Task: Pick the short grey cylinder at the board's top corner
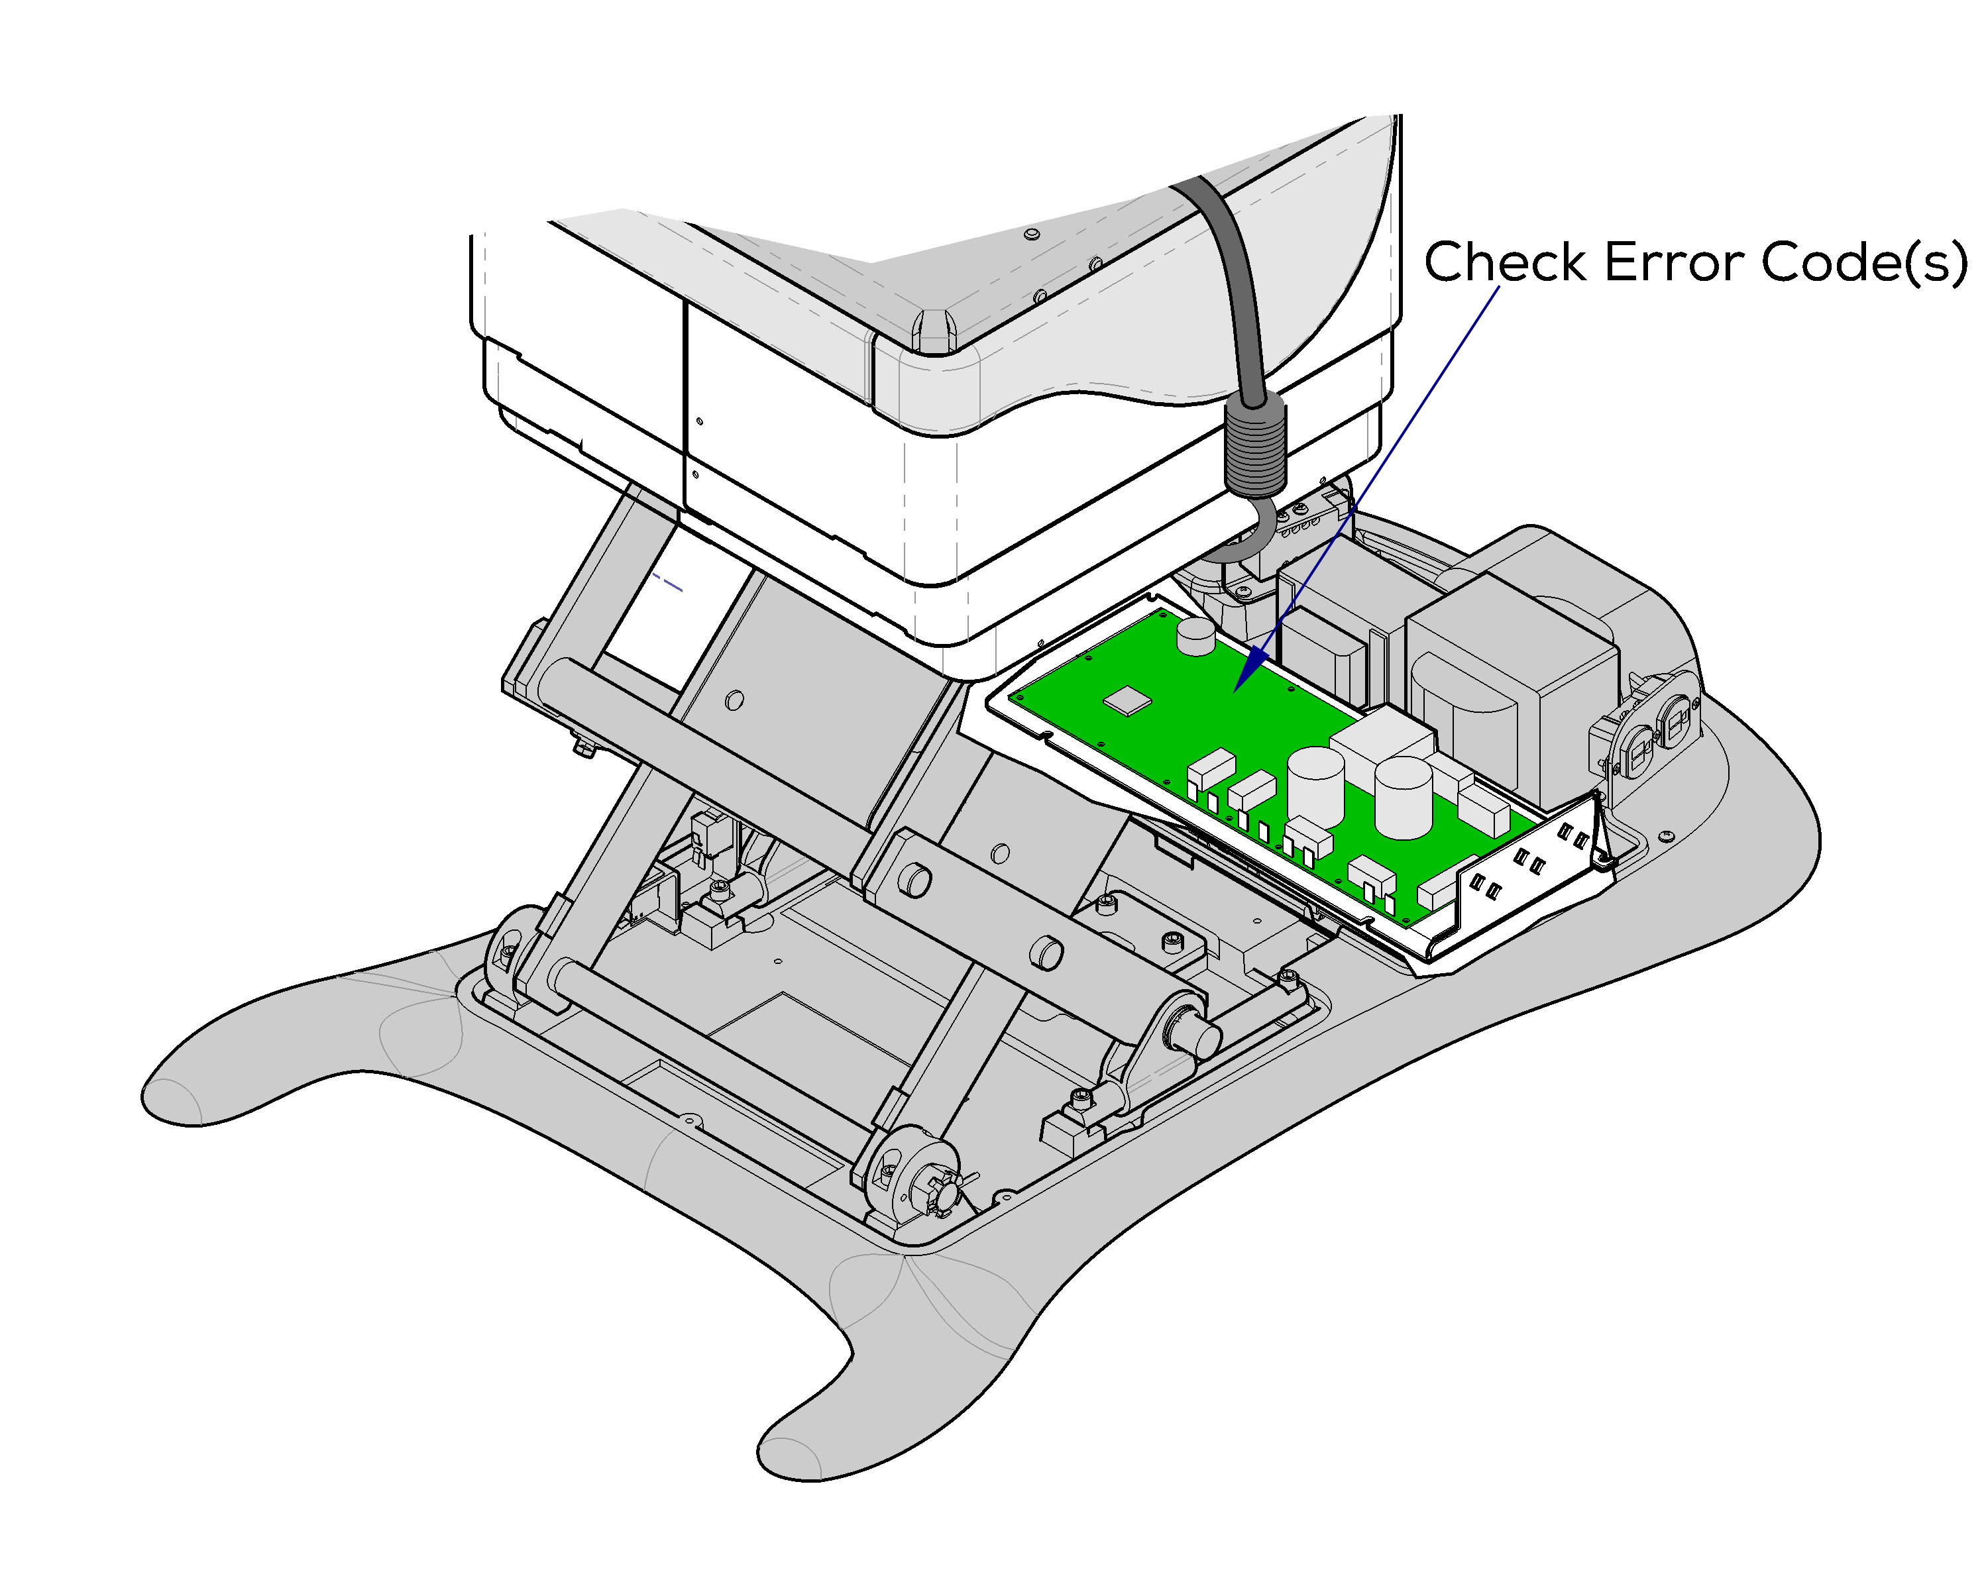click(1195, 635)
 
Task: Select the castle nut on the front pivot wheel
click(946, 1194)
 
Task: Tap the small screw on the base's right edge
click(1665, 836)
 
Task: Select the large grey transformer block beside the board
click(1511, 682)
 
